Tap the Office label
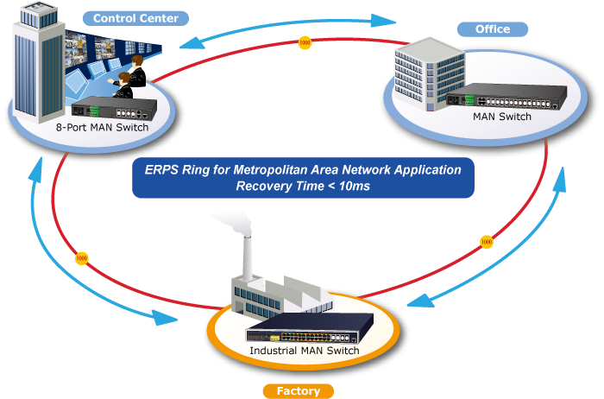point(492,28)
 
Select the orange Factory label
point(299,390)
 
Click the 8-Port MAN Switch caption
point(103,128)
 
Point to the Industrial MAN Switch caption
point(304,351)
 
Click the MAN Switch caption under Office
point(503,116)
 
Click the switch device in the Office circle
point(510,97)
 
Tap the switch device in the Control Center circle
point(117,110)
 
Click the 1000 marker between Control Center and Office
point(304,42)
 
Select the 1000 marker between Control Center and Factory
point(82,257)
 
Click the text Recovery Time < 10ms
point(303,187)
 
